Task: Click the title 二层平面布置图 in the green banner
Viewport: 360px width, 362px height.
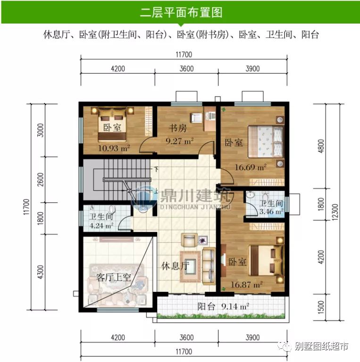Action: click(x=181, y=12)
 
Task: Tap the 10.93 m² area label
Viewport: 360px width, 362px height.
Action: click(x=114, y=148)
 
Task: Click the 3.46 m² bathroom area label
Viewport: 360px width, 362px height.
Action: click(x=270, y=212)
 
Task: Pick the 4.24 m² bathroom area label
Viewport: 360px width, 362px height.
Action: click(x=101, y=225)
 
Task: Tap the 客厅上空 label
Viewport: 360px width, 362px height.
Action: click(x=113, y=277)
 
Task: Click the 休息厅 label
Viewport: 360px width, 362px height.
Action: click(x=175, y=265)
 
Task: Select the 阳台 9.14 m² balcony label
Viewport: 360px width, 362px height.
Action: click(x=223, y=306)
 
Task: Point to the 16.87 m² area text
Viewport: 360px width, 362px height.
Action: click(x=246, y=284)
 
